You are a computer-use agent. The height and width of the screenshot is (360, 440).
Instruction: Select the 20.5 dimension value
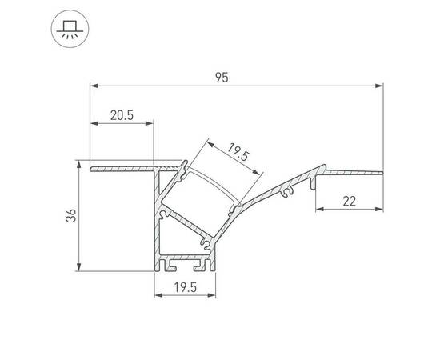point(122,115)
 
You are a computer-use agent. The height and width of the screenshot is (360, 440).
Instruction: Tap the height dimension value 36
point(70,215)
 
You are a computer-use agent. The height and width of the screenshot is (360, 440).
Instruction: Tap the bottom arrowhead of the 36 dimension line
point(79,267)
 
